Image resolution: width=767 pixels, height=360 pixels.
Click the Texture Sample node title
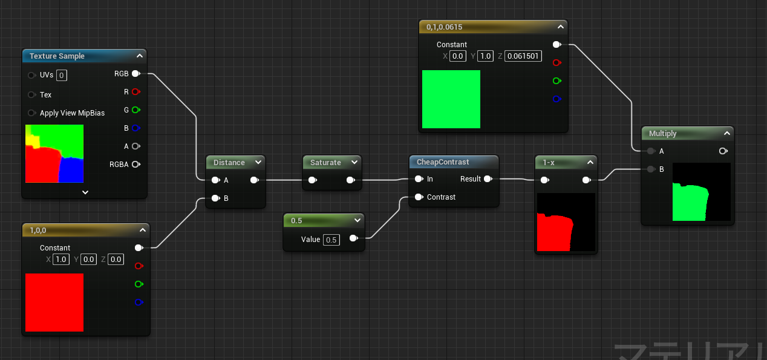(57, 56)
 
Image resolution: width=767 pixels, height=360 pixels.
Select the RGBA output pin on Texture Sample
(135, 165)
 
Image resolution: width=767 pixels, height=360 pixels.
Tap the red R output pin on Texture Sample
(135, 92)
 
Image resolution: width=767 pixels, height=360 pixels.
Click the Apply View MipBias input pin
(31, 113)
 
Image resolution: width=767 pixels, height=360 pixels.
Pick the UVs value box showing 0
(62, 76)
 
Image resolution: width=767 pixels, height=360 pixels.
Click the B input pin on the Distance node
(215, 198)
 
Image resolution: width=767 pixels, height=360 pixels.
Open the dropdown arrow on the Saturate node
(354, 162)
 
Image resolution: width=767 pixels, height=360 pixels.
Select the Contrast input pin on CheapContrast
(418, 197)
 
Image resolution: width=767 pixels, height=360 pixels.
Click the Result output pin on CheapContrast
(488, 179)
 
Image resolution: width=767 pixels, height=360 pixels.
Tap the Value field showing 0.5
(331, 240)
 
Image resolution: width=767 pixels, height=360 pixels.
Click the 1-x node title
(549, 163)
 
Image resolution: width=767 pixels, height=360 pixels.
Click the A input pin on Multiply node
(650, 151)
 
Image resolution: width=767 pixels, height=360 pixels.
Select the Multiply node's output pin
(723, 151)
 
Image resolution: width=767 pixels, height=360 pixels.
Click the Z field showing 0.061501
(523, 56)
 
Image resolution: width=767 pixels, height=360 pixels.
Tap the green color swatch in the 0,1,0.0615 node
(451, 99)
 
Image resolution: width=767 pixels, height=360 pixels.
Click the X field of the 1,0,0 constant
(61, 260)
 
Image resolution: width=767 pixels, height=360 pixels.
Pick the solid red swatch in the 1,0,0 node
(54, 303)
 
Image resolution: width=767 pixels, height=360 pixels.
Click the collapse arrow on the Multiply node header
(726, 133)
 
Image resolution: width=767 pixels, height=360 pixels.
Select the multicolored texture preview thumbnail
(54, 154)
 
